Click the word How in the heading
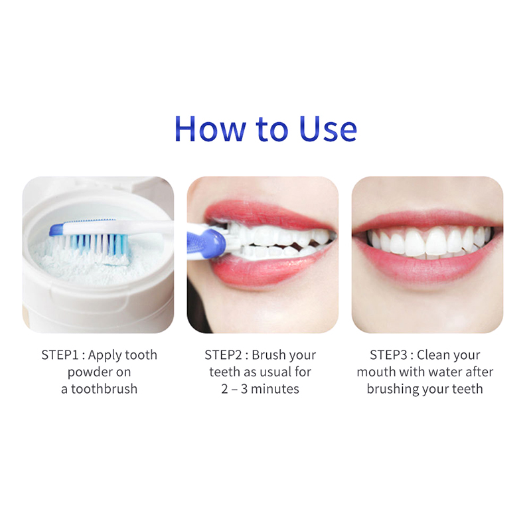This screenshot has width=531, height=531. click(x=210, y=129)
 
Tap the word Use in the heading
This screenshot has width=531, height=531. click(x=328, y=129)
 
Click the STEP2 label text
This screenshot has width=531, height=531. click(x=223, y=355)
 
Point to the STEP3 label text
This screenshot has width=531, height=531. click(x=388, y=355)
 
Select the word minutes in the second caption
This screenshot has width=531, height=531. click(x=275, y=389)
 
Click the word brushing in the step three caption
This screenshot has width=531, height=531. click(x=393, y=390)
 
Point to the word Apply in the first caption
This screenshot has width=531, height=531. click(x=104, y=356)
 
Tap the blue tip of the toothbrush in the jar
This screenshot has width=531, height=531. click(x=56, y=230)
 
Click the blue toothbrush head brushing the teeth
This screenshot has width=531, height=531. click(x=206, y=243)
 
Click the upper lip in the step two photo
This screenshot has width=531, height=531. click(x=264, y=214)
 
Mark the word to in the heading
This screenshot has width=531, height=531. click(x=272, y=129)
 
